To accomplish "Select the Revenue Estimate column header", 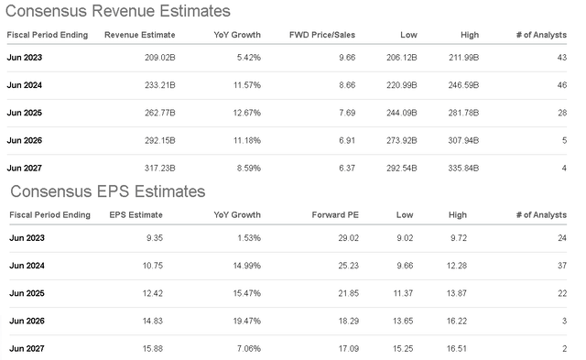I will (x=139, y=35).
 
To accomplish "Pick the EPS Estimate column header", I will (x=136, y=214).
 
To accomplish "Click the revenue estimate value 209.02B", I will (x=157, y=57).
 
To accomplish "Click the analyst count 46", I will (x=561, y=84).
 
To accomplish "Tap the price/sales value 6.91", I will (x=346, y=140).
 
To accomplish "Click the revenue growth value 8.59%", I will (x=246, y=169).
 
